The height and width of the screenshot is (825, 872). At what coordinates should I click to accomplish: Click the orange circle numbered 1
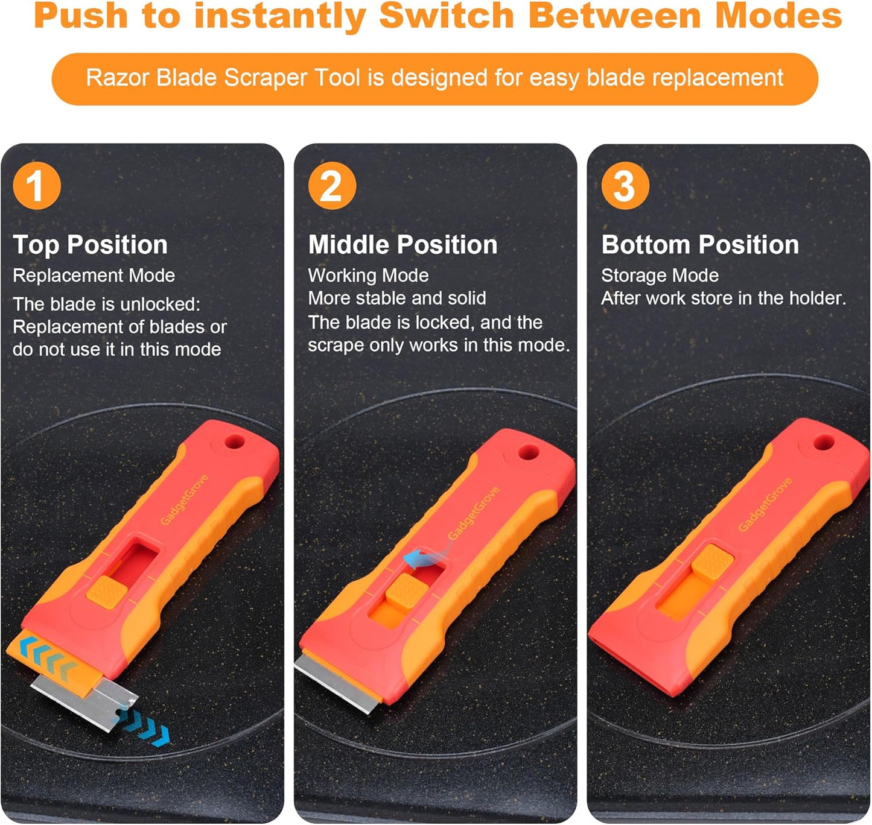(37, 186)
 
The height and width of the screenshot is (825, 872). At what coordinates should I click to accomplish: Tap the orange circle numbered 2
(332, 186)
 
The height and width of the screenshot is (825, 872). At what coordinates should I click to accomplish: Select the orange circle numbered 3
(625, 186)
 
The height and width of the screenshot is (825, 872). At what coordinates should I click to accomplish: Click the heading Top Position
(90, 245)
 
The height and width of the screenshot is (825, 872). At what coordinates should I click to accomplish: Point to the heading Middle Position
(403, 245)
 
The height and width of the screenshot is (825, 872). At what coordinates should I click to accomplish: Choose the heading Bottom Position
(699, 245)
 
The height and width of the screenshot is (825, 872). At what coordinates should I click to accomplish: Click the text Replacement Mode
(94, 276)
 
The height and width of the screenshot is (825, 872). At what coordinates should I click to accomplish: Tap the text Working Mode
(368, 276)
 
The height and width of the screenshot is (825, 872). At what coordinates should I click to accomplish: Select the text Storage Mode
(660, 276)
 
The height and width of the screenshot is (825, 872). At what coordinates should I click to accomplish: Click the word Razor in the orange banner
(117, 78)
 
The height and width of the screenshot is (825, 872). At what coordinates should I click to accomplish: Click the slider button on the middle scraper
(403, 589)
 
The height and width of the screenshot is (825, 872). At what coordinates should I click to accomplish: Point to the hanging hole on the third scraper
(823, 443)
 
